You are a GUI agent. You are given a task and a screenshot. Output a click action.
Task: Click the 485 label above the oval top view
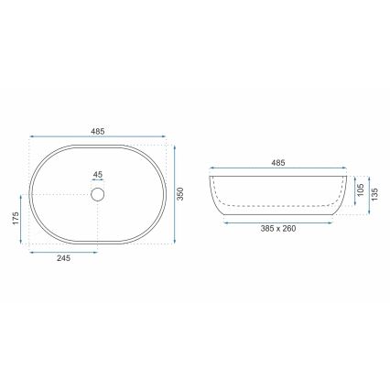(99, 131)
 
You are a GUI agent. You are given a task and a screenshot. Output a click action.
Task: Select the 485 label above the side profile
(278, 162)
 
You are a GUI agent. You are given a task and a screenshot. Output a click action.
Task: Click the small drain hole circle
(99, 194)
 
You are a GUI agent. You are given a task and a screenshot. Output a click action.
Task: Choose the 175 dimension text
(16, 221)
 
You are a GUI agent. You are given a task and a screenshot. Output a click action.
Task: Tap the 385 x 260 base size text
(278, 229)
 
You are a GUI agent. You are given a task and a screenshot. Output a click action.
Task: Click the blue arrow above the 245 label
(64, 251)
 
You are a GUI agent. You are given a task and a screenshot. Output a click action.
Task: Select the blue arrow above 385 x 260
(278, 221)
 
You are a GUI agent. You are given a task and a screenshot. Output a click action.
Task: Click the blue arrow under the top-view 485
(99, 139)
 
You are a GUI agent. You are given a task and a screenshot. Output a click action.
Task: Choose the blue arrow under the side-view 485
(278, 170)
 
